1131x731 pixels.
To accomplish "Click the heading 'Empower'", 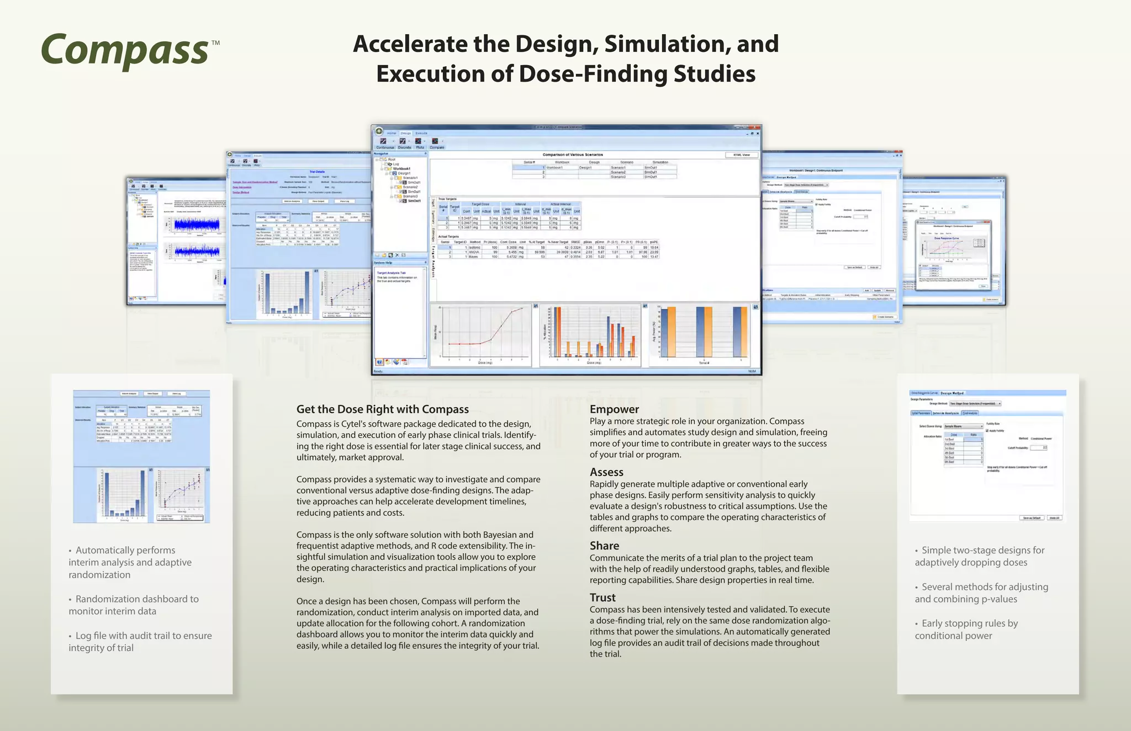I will point(614,409).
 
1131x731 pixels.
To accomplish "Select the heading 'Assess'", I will point(606,472).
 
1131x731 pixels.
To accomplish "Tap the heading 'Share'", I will point(604,546).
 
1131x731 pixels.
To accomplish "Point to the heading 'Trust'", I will point(603,597).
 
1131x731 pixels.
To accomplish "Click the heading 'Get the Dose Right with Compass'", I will point(382,409).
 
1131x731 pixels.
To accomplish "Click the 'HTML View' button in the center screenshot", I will point(741,155).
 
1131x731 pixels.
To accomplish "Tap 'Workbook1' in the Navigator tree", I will point(401,169).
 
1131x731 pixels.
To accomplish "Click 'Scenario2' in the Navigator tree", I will point(410,187).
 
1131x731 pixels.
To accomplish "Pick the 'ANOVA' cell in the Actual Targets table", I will point(474,252).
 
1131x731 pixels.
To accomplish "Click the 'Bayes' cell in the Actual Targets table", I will point(473,257).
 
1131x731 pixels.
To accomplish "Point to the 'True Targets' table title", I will point(447,199).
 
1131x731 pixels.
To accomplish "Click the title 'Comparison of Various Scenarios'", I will point(573,155).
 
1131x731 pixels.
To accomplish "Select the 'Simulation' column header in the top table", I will point(660,162).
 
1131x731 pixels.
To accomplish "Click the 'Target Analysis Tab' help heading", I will point(391,273).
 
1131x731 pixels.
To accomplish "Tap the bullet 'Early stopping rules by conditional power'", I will point(966,629).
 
